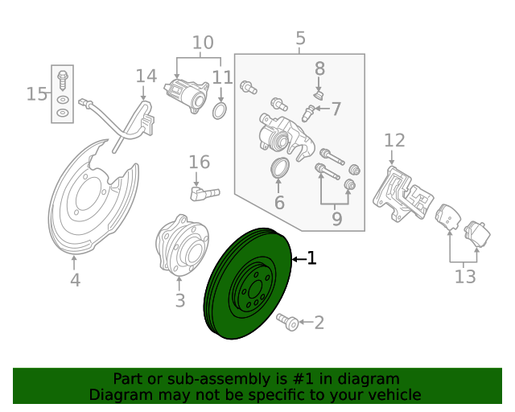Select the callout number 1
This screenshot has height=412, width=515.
[x=311, y=258]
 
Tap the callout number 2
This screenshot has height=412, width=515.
[x=319, y=323]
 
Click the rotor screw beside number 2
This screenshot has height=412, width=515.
[x=287, y=322]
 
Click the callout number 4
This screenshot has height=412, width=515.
[x=75, y=280]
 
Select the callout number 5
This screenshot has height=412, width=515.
[x=300, y=38]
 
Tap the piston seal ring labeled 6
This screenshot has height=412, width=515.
[x=279, y=169]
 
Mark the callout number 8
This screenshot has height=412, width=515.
[x=319, y=68]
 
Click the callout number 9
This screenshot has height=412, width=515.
[x=336, y=218]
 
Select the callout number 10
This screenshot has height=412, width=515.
[x=203, y=42]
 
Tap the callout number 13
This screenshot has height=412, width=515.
[x=464, y=277]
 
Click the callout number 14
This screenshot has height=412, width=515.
[x=146, y=76]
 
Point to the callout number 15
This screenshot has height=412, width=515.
[x=36, y=94]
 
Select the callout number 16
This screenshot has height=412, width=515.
[x=199, y=163]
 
